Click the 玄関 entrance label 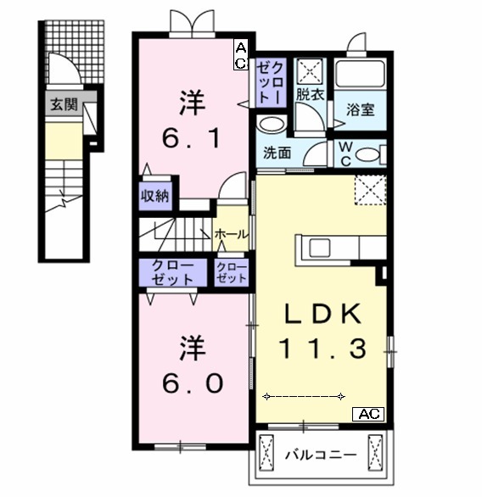coord(62,105)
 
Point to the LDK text coord(322,314)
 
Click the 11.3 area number coord(323,348)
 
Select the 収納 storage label coord(155,194)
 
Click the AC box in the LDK coord(368,414)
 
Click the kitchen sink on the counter coord(321,247)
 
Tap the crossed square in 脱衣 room coord(306,70)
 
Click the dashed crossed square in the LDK coord(369,188)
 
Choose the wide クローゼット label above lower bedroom coord(172,272)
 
